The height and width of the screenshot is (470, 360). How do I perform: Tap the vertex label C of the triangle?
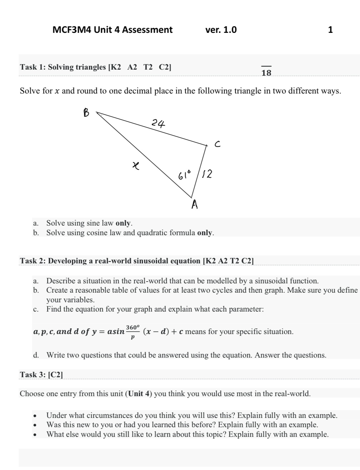pos(217,144)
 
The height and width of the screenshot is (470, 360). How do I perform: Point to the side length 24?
pos(158,123)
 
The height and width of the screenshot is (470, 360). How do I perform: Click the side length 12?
pos(207,174)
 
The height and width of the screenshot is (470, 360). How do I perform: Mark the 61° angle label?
pos(185,175)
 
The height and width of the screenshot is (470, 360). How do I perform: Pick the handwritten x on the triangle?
pos(135,165)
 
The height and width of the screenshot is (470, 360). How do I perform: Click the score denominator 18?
pos(266,73)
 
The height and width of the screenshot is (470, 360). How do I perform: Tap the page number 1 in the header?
pos(330,30)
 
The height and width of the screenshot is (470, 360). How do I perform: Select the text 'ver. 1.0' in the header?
pos(221,30)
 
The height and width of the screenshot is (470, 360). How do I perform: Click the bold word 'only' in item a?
pos(123,223)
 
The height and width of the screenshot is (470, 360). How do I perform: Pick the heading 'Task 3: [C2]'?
pos(41,374)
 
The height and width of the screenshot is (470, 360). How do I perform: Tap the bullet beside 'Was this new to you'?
pos(35,425)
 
